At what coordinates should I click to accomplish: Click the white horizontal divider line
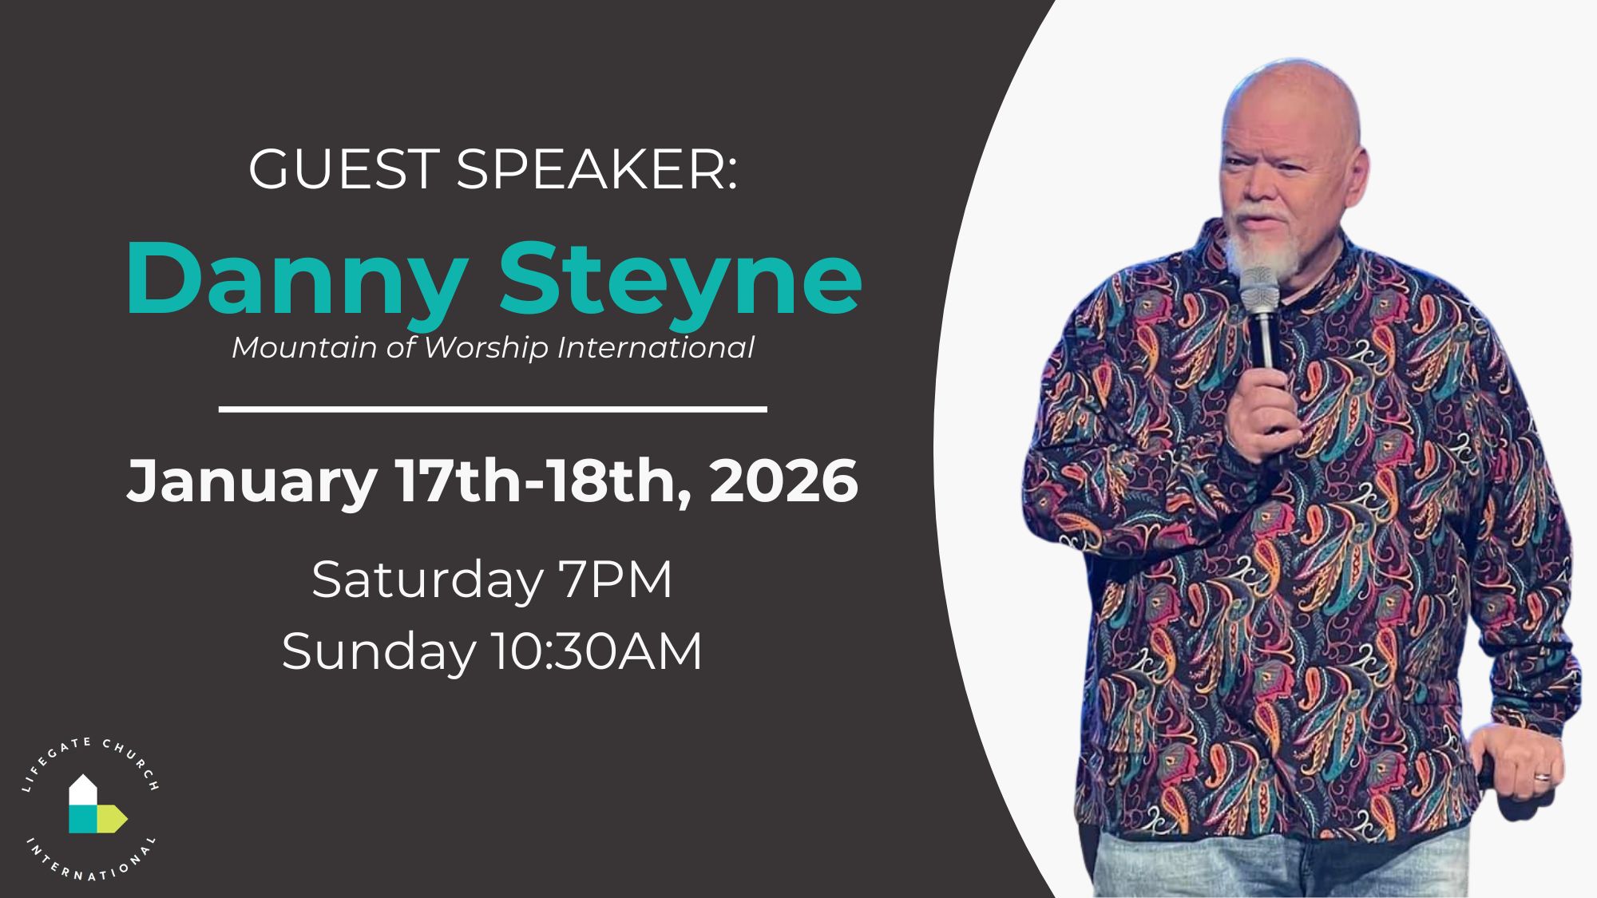pyautogui.click(x=493, y=409)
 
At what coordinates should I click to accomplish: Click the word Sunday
pyautogui.click(x=378, y=653)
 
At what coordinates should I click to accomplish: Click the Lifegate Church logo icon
pyautogui.click(x=96, y=804)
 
